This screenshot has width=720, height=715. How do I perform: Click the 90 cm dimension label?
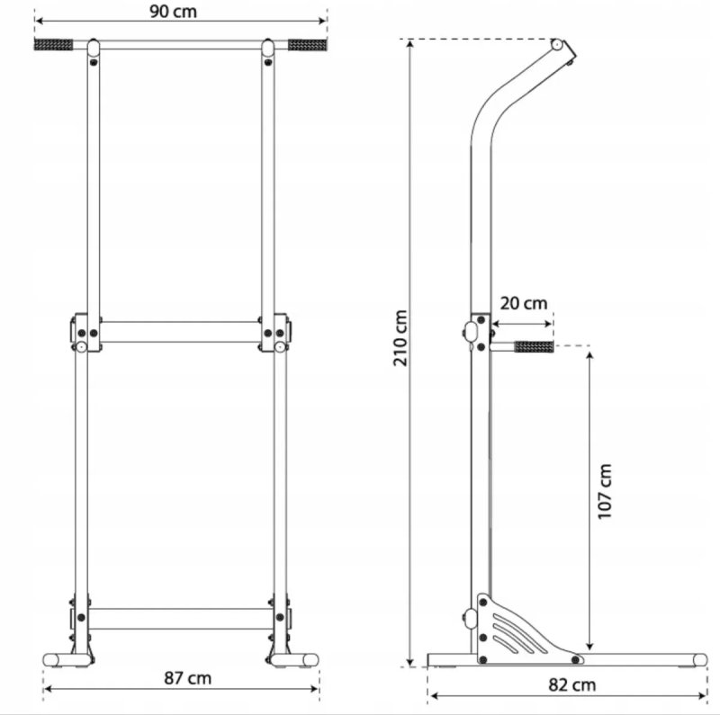[173, 12]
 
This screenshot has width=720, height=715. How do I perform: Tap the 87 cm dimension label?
[188, 678]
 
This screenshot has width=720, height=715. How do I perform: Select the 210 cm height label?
[400, 338]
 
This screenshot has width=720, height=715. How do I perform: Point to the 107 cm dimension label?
[605, 491]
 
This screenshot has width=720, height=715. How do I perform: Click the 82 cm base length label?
[572, 685]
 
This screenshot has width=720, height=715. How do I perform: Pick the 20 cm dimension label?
[524, 303]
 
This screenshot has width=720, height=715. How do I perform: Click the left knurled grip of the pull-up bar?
[53, 44]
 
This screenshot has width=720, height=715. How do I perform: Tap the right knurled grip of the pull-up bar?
[308, 45]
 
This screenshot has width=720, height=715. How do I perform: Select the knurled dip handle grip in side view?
[534, 346]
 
